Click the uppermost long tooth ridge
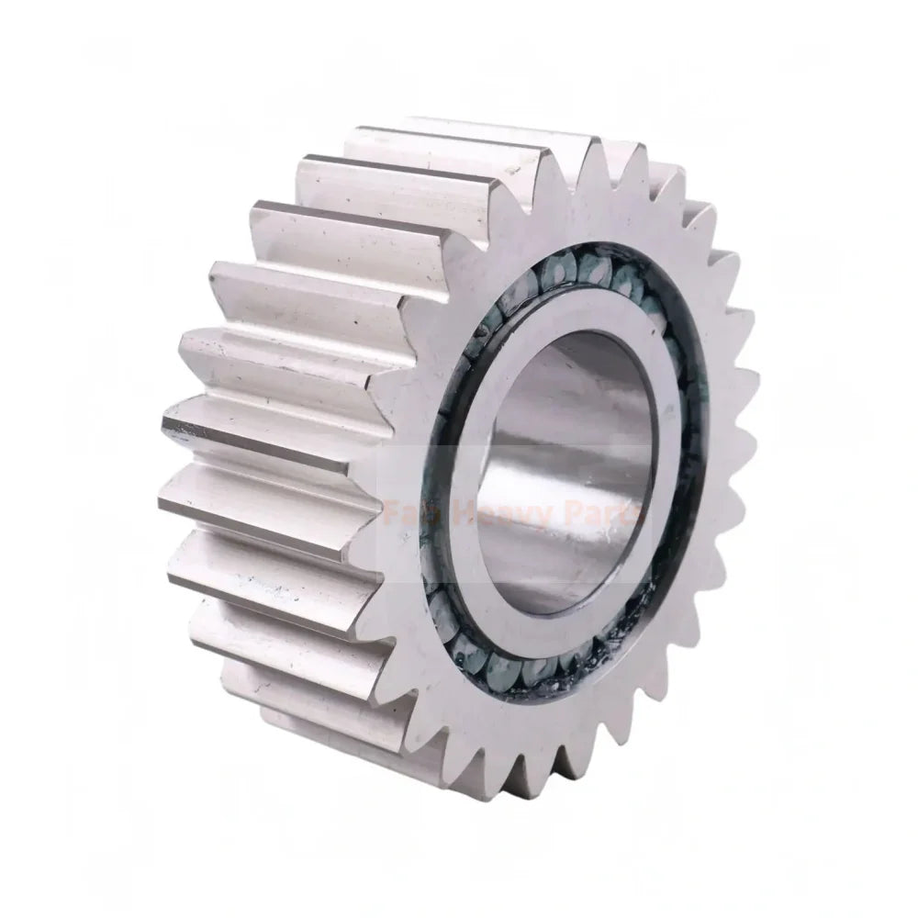[x=459, y=138]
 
